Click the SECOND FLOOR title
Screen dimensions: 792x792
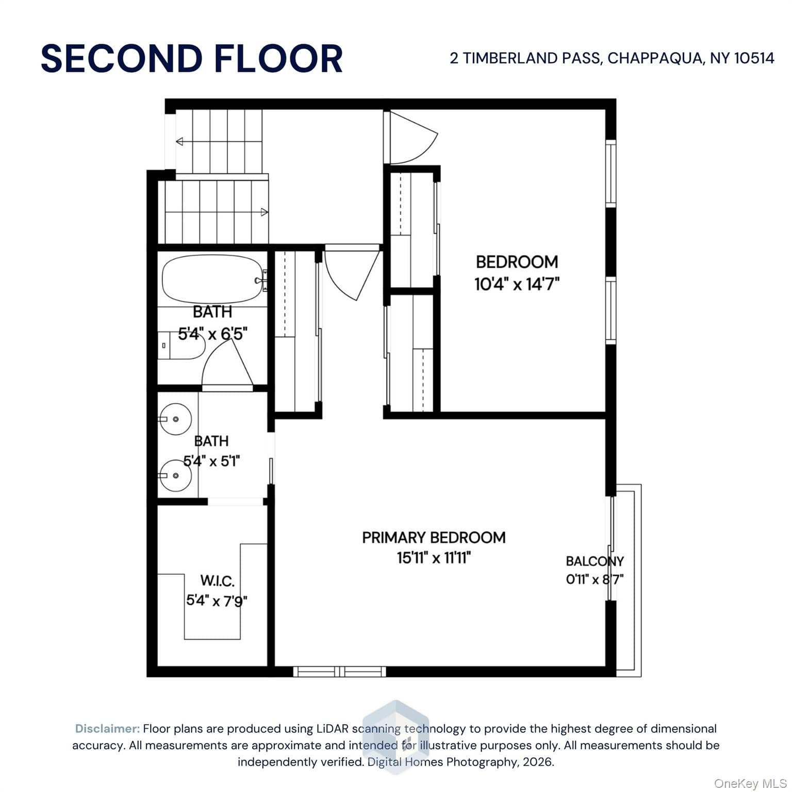tap(192, 58)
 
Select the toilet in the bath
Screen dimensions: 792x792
tap(181, 345)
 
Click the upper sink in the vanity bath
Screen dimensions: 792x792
tap(175, 419)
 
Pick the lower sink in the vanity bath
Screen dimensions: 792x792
tap(175, 475)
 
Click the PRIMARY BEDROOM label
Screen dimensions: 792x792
tap(434, 537)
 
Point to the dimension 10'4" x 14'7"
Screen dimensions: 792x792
tap(517, 284)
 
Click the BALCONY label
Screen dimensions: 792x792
tap(595, 561)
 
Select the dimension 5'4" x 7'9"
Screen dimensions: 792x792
tap(217, 601)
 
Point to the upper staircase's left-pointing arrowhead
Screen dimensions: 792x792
tap(179, 141)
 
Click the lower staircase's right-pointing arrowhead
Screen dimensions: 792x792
tap(265, 212)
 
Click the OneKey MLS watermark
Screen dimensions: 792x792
tap(750, 784)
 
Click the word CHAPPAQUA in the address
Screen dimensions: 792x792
tap(654, 58)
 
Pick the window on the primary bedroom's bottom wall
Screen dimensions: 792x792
tap(340, 671)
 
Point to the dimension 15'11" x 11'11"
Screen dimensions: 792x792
tap(434, 557)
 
